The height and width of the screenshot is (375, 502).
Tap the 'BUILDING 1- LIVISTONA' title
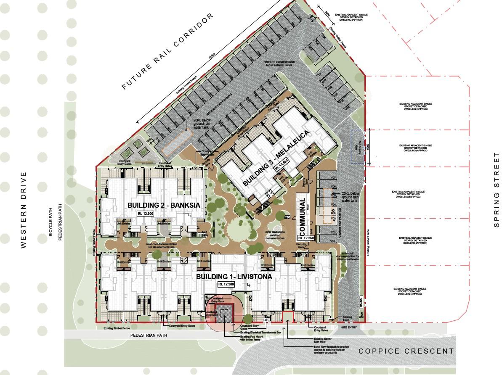pyautogui.click(x=234, y=277)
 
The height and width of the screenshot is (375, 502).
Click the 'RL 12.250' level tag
pyautogui.click(x=305, y=238)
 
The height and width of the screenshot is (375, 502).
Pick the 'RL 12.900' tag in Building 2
pyautogui.click(x=146, y=214)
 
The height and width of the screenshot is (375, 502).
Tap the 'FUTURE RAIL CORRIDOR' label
pyautogui.click(x=168, y=51)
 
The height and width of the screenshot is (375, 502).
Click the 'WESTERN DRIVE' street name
pyautogui.click(x=24, y=209)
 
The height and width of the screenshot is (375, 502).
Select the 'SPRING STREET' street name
pyautogui.click(x=497, y=190)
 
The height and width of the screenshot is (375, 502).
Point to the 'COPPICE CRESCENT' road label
pyautogui.click(x=406, y=351)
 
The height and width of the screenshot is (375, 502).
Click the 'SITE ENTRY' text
pyautogui.click(x=349, y=327)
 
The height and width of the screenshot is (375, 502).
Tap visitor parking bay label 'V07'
pyautogui.click(x=333, y=178)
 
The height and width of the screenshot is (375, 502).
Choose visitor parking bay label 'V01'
pyautogui.click(x=332, y=241)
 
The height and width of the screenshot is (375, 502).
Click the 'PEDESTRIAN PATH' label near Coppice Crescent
pyautogui.click(x=149, y=335)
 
